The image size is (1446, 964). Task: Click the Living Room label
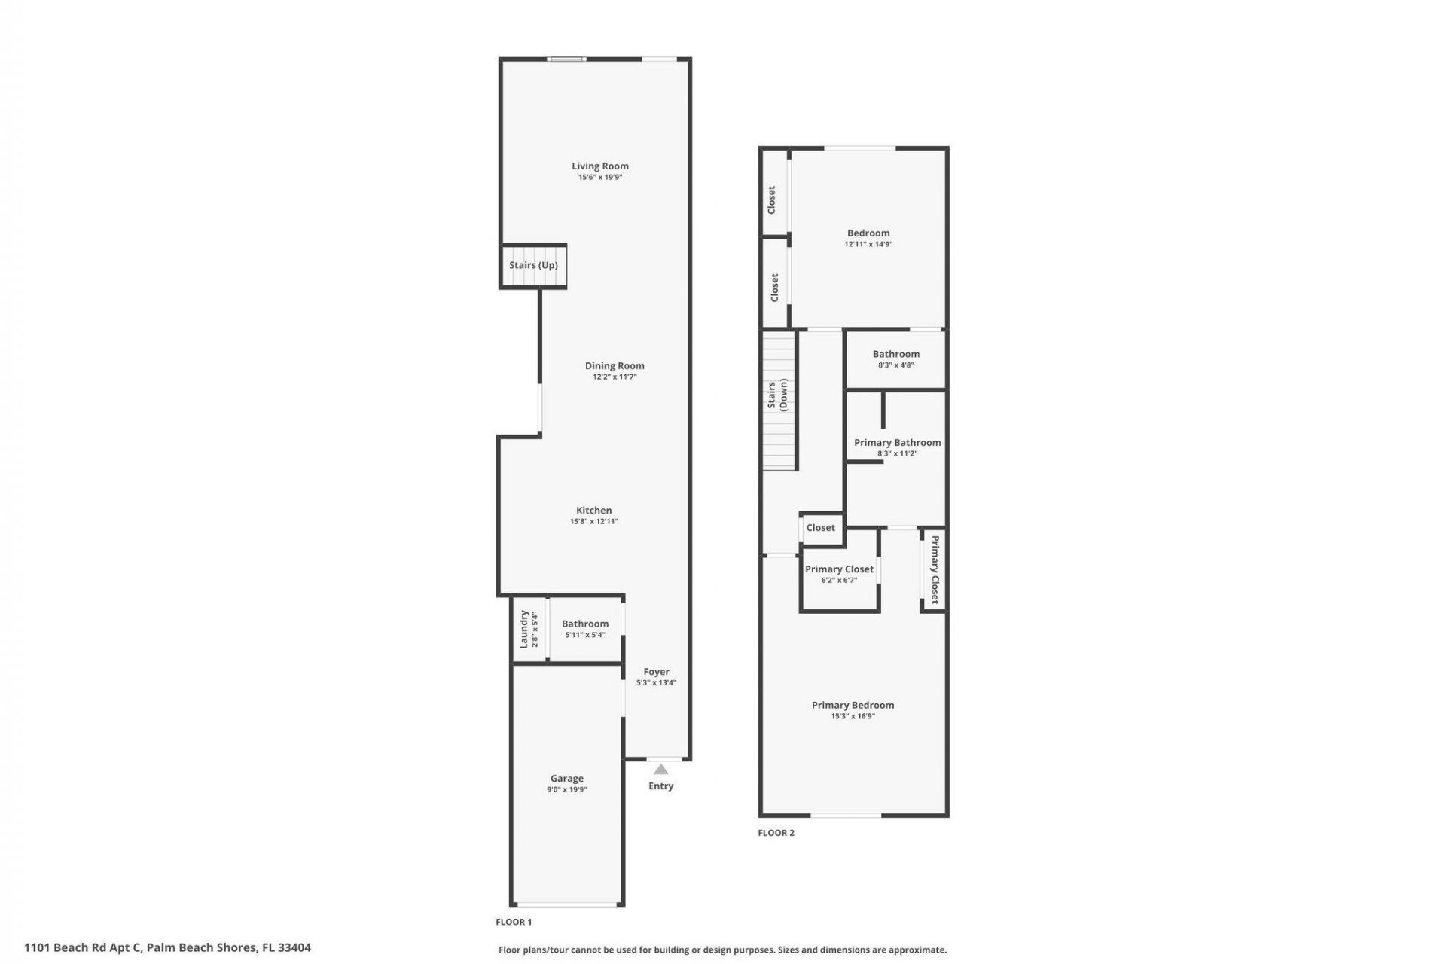coord(599,166)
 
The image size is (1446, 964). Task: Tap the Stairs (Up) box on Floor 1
coord(533,265)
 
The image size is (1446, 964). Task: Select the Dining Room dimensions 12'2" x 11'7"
coord(615,377)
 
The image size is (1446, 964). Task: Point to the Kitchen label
coord(593,511)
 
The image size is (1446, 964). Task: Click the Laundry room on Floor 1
coord(529,629)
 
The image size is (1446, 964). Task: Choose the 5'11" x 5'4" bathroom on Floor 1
coord(584,629)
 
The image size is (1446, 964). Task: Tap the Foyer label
coord(656,672)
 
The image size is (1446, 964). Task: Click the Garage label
coord(566,779)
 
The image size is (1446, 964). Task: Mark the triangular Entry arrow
coord(660,770)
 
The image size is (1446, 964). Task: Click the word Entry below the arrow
coord(660,786)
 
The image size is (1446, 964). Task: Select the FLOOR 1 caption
coord(514,922)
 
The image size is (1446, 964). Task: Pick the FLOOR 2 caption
coord(776,833)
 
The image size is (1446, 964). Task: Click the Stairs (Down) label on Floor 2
coord(777,395)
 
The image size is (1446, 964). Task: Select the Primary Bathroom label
coord(897,443)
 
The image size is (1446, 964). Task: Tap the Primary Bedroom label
coord(853,706)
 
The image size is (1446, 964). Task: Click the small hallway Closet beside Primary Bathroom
coord(820,528)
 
